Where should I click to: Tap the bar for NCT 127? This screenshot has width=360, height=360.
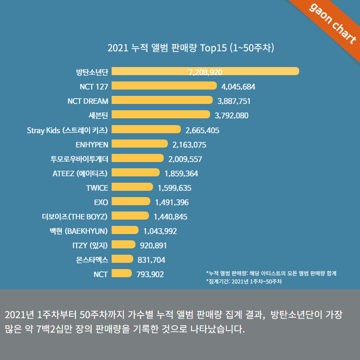pos(164,85)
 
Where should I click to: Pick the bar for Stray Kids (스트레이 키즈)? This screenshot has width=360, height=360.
pos(146,129)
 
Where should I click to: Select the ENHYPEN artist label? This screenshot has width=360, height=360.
pos(92,144)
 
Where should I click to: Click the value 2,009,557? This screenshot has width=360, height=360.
pos(185,158)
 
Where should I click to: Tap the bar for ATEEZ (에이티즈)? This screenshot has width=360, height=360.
pos(135,172)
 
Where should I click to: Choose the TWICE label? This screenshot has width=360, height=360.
pos(97,187)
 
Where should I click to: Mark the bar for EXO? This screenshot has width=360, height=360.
pos(130,202)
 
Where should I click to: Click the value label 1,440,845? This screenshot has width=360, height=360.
pos(171,216)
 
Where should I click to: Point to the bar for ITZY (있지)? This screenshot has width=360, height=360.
pos(123,245)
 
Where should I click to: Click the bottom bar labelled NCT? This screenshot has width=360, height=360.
pos(121,274)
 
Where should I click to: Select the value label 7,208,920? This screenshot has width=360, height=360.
pos(206,72)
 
